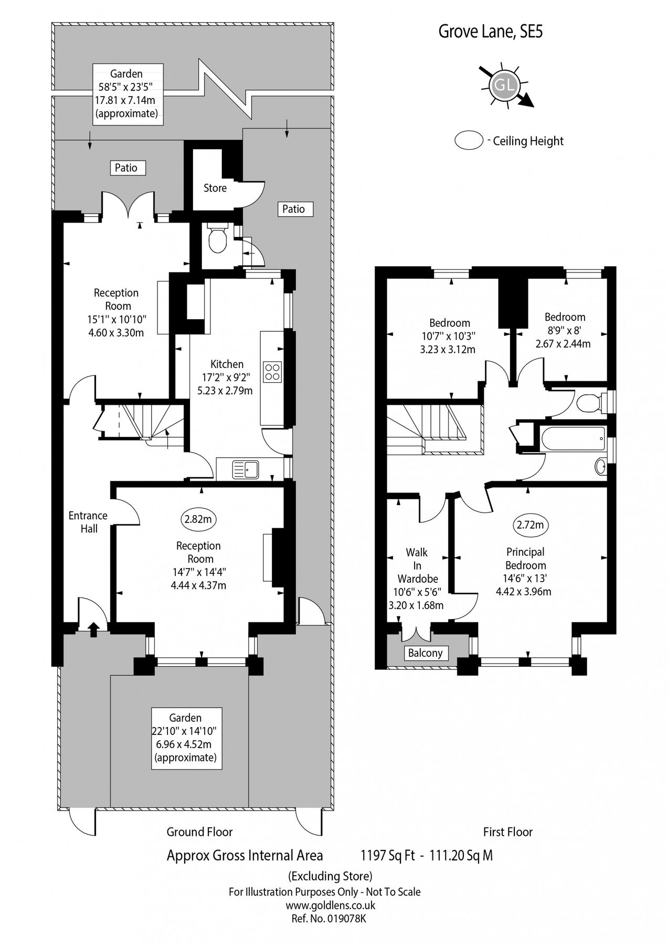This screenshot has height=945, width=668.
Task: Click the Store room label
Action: tap(215, 188)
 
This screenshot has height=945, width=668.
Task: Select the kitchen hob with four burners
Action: tap(272, 372)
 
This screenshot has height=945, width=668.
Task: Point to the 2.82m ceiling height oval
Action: tap(198, 520)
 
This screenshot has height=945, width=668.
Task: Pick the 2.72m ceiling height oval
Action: tap(530, 524)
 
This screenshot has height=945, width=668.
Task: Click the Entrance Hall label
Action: tap(88, 522)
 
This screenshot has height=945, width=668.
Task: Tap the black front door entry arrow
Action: tap(93, 628)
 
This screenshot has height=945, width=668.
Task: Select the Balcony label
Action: tap(426, 653)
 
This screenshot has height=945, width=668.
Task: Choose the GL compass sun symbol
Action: tap(504, 85)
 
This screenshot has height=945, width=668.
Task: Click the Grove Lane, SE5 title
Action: tap(491, 33)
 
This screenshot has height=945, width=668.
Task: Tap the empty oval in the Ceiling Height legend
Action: tap(469, 141)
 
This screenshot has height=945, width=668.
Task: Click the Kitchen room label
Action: tap(227, 364)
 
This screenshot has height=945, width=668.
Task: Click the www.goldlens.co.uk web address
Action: tap(330, 905)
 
